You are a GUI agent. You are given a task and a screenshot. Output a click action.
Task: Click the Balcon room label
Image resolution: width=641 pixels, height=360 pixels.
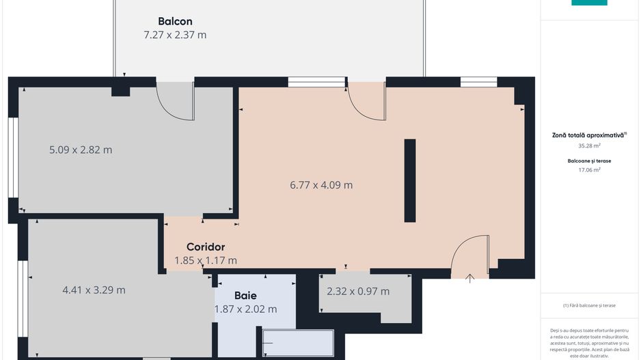(x=175, y=20)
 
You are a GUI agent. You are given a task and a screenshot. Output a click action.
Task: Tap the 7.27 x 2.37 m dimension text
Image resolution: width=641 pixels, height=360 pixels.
(x=175, y=35)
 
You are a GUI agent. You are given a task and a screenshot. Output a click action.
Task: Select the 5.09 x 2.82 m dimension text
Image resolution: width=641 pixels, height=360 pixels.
(x=81, y=150)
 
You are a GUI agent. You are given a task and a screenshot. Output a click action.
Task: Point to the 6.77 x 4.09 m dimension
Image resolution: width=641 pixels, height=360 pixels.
(x=321, y=184)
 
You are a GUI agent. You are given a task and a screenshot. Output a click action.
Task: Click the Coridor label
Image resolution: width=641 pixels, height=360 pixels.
(x=206, y=247)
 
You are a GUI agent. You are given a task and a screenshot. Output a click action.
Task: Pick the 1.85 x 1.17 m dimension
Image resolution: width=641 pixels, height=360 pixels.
(x=206, y=260)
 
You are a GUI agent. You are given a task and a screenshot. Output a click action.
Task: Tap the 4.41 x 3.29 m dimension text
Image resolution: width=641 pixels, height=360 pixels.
(x=94, y=290)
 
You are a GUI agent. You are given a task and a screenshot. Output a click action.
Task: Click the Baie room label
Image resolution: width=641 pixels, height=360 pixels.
(x=245, y=296)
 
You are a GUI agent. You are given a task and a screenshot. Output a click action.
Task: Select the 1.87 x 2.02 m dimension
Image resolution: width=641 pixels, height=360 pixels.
(x=245, y=309)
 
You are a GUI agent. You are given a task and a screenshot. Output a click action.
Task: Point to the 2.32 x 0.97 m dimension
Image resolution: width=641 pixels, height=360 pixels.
(x=358, y=291)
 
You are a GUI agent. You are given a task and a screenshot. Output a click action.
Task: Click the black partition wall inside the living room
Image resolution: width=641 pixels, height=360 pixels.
(x=410, y=180)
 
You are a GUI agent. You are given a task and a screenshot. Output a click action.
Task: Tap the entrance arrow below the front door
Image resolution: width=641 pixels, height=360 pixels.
(x=470, y=278)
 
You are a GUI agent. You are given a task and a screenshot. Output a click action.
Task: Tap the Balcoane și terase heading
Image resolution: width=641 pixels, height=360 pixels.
(x=588, y=161)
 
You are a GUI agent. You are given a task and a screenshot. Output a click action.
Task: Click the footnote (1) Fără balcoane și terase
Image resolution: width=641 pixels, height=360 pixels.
(x=589, y=305)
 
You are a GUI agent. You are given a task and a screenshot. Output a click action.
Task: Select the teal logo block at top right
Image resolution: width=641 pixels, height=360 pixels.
(x=589, y=3)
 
